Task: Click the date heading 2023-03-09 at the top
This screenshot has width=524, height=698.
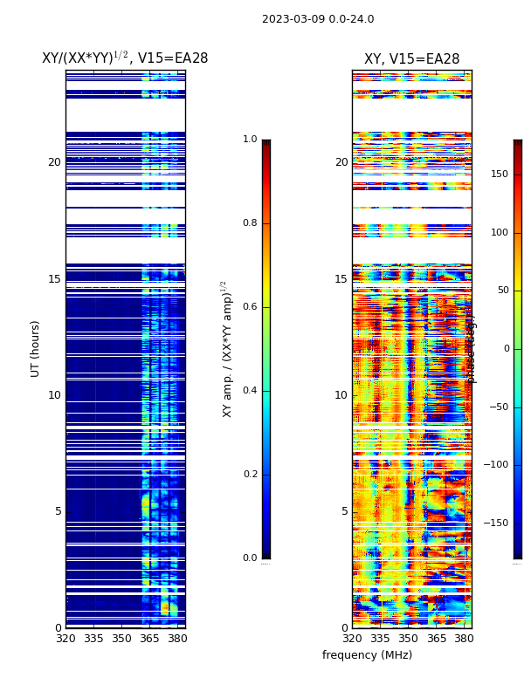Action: pyautogui.click(x=318, y=19)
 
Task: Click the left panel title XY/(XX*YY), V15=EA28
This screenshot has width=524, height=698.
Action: pyautogui.click(x=125, y=58)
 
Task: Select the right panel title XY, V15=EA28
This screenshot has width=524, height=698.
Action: pyautogui.click(x=411, y=59)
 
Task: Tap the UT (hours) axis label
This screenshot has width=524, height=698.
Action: pyautogui.click(x=36, y=348)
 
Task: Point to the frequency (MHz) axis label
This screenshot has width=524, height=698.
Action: pyautogui.click(x=367, y=655)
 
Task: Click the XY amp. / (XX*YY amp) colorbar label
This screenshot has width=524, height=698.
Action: pyautogui.click(x=227, y=348)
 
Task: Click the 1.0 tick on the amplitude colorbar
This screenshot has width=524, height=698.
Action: pyautogui.click(x=250, y=140)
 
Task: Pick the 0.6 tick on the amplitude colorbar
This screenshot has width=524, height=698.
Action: pyautogui.click(x=250, y=307)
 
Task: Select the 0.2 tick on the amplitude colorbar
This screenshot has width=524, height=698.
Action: pyautogui.click(x=250, y=475)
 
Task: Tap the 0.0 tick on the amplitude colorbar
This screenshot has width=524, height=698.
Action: pyautogui.click(x=250, y=558)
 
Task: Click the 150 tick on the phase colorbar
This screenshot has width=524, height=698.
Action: pyautogui.click(x=499, y=174)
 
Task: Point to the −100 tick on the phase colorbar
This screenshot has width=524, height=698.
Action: pyautogui.click(x=497, y=465)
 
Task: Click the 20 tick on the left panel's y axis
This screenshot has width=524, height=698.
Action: pyautogui.click(x=54, y=162)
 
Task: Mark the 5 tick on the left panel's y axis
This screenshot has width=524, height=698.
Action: pyautogui.click(x=58, y=511)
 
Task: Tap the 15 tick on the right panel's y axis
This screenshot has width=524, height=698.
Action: pyautogui.click(x=341, y=279)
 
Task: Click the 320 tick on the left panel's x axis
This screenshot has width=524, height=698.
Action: pyautogui.click(x=65, y=639)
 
